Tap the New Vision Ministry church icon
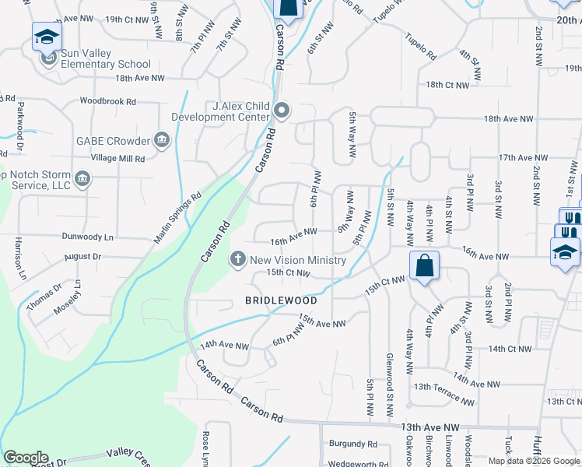(x=238, y=258)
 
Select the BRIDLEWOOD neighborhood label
(x=282, y=300)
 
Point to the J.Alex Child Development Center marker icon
(x=281, y=112)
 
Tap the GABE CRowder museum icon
(x=161, y=141)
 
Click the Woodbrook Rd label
(x=107, y=101)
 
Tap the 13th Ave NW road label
(x=430, y=427)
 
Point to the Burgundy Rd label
(x=352, y=444)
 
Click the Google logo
(x=26, y=458)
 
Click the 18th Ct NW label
(x=447, y=84)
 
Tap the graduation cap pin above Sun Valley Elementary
(x=47, y=37)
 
